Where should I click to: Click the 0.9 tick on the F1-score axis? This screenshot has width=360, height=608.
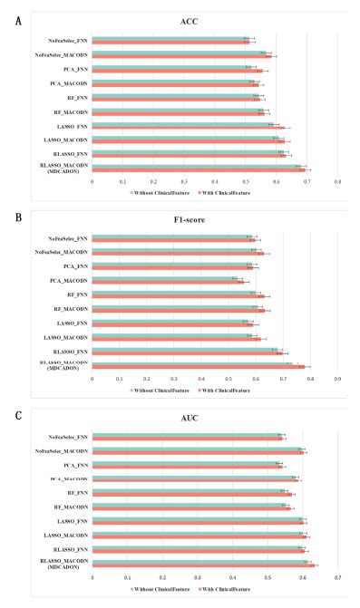pyautogui.click(x=337, y=378)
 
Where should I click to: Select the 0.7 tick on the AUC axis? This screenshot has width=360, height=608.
pyautogui.click(x=337, y=576)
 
